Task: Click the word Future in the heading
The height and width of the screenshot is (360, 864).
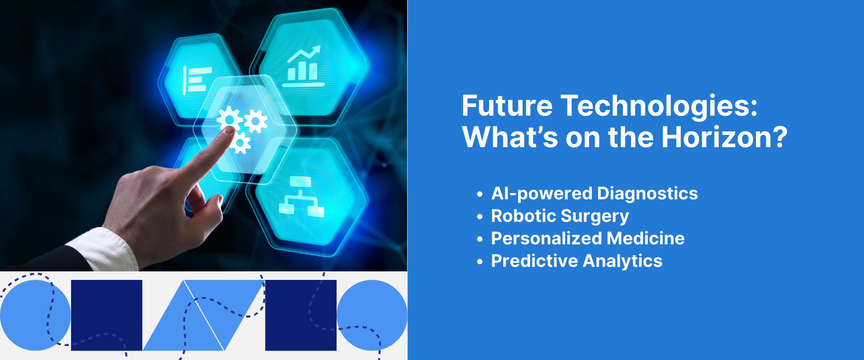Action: [x=507, y=106]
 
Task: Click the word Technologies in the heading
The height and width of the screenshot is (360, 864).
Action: [x=659, y=106]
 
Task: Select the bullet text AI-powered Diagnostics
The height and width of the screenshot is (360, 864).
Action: [x=594, y=193]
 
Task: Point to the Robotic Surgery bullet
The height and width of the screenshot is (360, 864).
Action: [x=559, y=216]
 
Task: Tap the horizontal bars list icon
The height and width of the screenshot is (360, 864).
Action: [x=197, y=80]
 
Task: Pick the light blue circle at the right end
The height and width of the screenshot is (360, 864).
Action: [x=372, y=315]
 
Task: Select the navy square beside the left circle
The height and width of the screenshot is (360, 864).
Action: [x=107, y=315]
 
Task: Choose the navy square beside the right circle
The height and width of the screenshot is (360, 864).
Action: [x=301, y=315]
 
